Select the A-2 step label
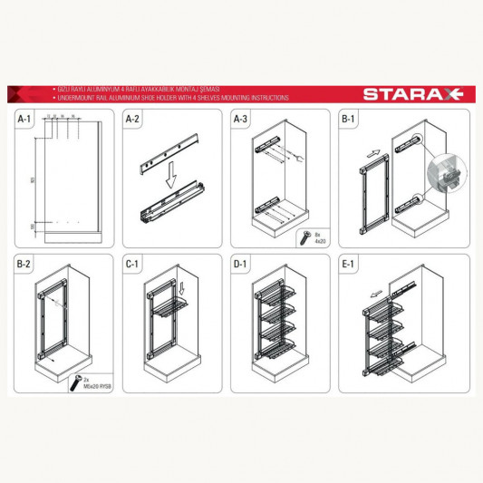pos(133,119)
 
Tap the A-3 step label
pos(241,119)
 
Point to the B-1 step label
pos(349,119)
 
